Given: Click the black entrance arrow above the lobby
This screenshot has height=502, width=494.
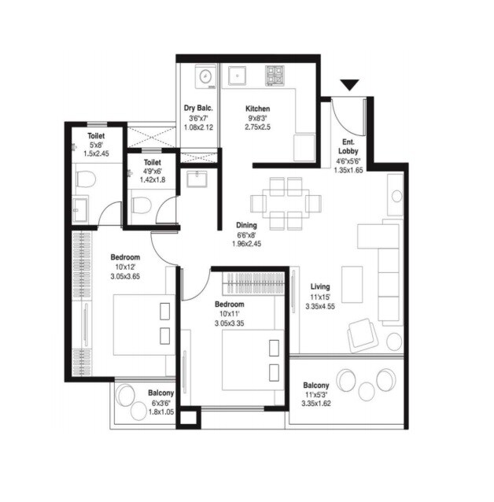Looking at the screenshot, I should pyautogui.click(x=349, y=85).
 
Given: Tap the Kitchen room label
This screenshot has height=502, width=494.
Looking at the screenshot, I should pyautogui.click(x=258, y=109).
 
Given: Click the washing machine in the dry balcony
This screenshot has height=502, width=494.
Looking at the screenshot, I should pyautogui.click(x=203, y=76).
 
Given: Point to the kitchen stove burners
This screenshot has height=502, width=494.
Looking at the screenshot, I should pyautogui.click(x=275, y=76).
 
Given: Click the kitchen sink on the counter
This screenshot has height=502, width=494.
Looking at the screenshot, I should pyautogui.click(x=237, y=76).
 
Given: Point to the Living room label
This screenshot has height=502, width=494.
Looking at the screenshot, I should pyautogui.click(x=319, y=287).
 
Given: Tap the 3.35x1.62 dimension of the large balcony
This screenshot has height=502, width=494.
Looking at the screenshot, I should pyautogui.click(x=319, y=404).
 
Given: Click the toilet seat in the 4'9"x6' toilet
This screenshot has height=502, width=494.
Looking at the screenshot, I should pyautogui.click(x=140, y=206).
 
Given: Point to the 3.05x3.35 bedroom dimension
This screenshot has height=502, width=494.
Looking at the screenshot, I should pyautogui.click(x=230, y=323).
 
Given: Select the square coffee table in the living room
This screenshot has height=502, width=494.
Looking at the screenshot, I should pyautogui.click(x=351, y=278).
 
